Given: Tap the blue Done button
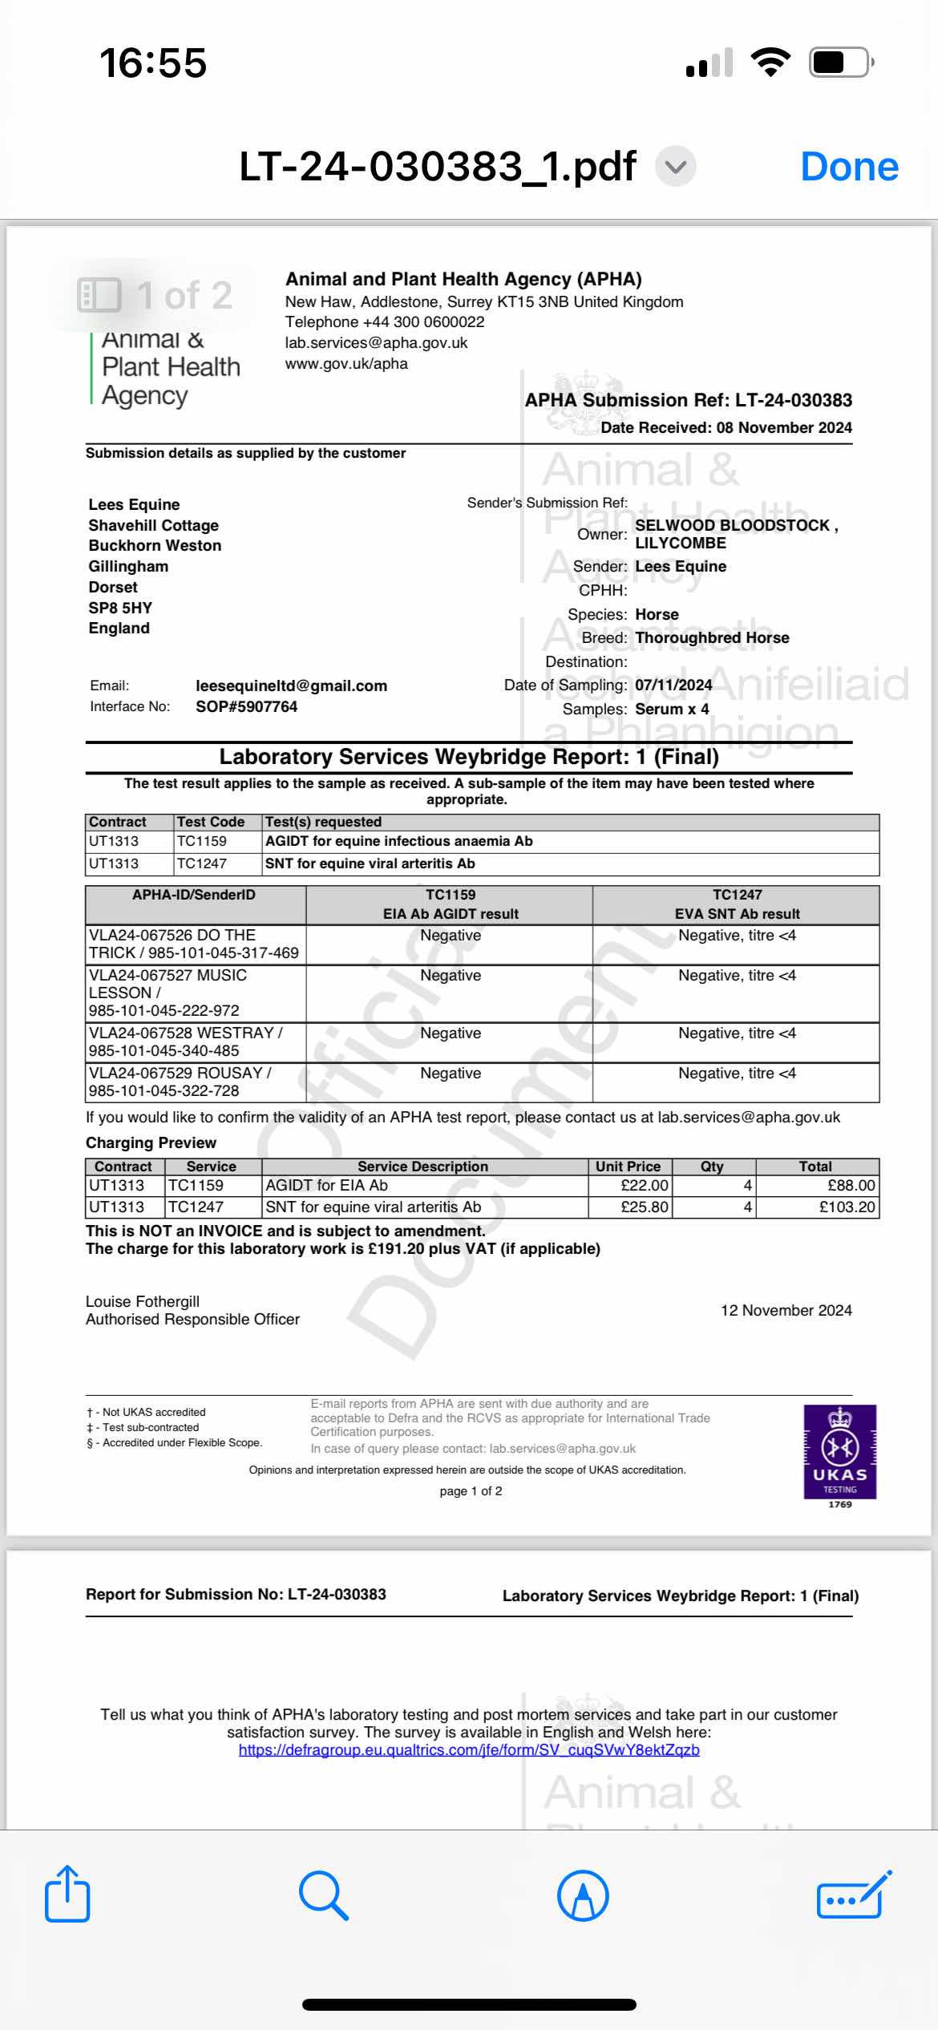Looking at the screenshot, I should point(849,167).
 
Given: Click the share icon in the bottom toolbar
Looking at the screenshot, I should point(67,1895).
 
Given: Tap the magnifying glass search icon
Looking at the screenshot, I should point(323,1895).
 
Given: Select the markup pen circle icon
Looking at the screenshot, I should point(583,1895).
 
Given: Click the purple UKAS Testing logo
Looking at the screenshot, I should point(839,1452).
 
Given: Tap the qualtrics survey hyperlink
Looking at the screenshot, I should point(469,1749).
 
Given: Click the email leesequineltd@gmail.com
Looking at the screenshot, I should point(291,685).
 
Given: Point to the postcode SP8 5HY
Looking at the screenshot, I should point(120,608).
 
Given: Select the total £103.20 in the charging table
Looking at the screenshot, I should point(847,1207).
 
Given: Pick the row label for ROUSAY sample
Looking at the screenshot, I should point(180,1082).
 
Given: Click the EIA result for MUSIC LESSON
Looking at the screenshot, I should point(451,976).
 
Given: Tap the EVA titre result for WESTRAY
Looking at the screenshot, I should point(737,1033).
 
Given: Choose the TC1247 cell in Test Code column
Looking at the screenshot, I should point(202,863).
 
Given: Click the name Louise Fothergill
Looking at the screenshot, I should point(143,1301).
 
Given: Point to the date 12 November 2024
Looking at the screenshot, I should point(786,1310).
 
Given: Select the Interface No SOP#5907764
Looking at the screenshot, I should point(246,706).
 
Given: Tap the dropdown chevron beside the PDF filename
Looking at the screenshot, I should point(676,167).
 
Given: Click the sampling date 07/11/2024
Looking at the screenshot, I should point(673,685).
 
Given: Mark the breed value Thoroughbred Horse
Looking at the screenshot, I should point(712,637).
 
